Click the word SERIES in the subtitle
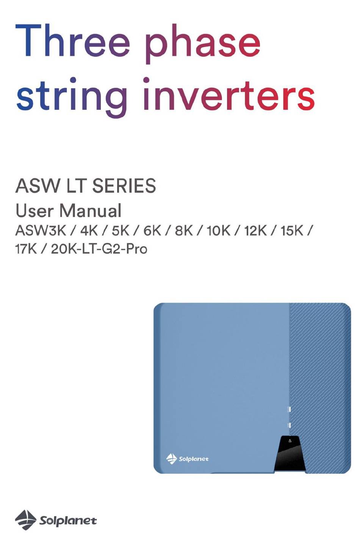[124, 186]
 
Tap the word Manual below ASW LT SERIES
[91, 211]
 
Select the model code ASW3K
[41, 231]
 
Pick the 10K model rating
[219, 231]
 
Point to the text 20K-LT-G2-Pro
[99, 249]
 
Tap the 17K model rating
[26, 249]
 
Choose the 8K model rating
[184, 231]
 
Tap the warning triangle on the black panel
[290, 441]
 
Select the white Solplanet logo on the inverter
[187, 459]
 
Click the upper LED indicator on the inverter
[289, 409]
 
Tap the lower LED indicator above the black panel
[290, 425]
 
